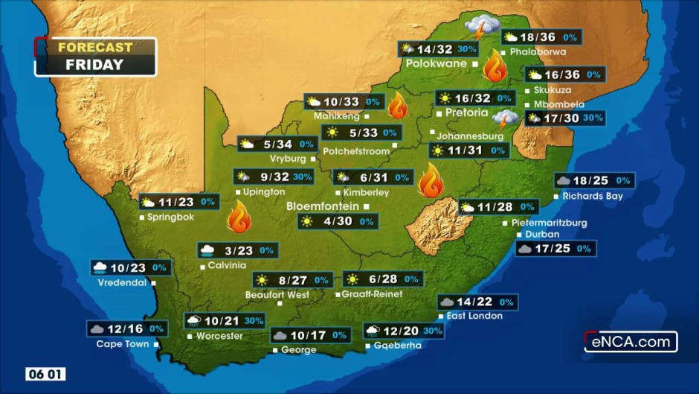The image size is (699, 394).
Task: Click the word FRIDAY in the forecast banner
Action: (94, 65)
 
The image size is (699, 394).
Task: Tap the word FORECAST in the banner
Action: (95, 47)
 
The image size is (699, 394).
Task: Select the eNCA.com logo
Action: (631, 342)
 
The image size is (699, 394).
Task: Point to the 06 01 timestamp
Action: (46, 374)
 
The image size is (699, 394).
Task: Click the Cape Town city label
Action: (123, 344)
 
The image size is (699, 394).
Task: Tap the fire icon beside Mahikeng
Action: (397, 106)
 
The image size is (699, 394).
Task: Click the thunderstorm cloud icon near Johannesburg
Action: (508, 119)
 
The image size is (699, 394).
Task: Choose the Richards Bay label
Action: (593, 197)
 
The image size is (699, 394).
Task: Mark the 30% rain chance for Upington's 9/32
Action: (303, 177)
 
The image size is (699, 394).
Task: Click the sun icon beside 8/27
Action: (261, 280)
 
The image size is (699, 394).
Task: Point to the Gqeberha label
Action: (398, 346)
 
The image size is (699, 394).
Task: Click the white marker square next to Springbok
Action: (142, 217)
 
